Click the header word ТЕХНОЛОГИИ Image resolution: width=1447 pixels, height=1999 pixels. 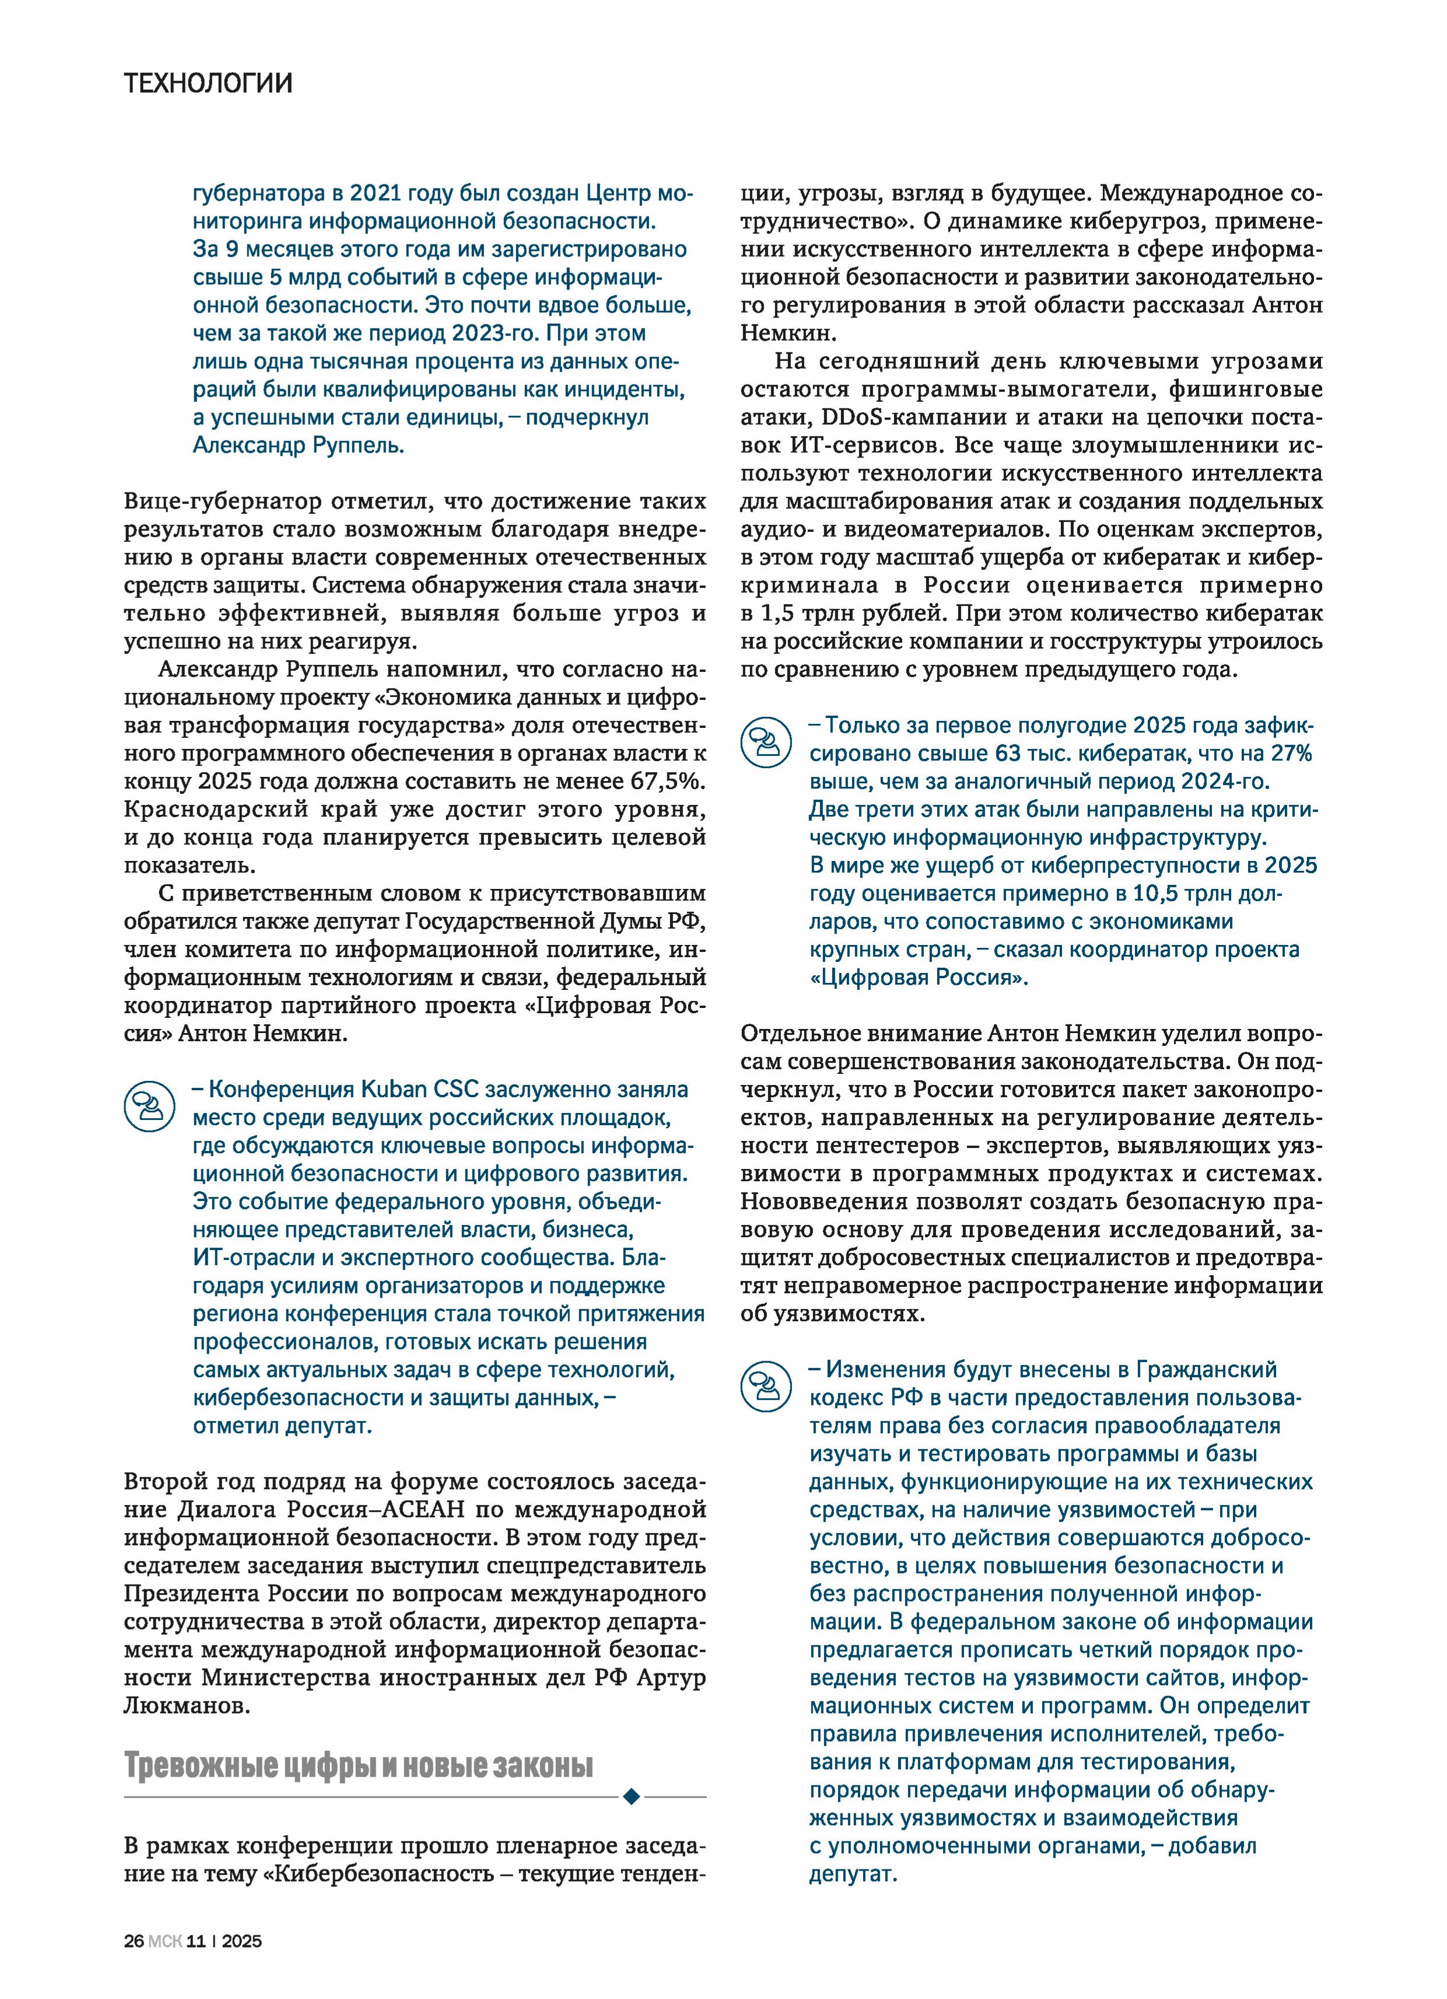(208, 84)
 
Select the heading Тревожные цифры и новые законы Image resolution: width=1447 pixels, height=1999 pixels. (359, 1766)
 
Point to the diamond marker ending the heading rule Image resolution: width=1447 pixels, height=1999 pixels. (630, 1796)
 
